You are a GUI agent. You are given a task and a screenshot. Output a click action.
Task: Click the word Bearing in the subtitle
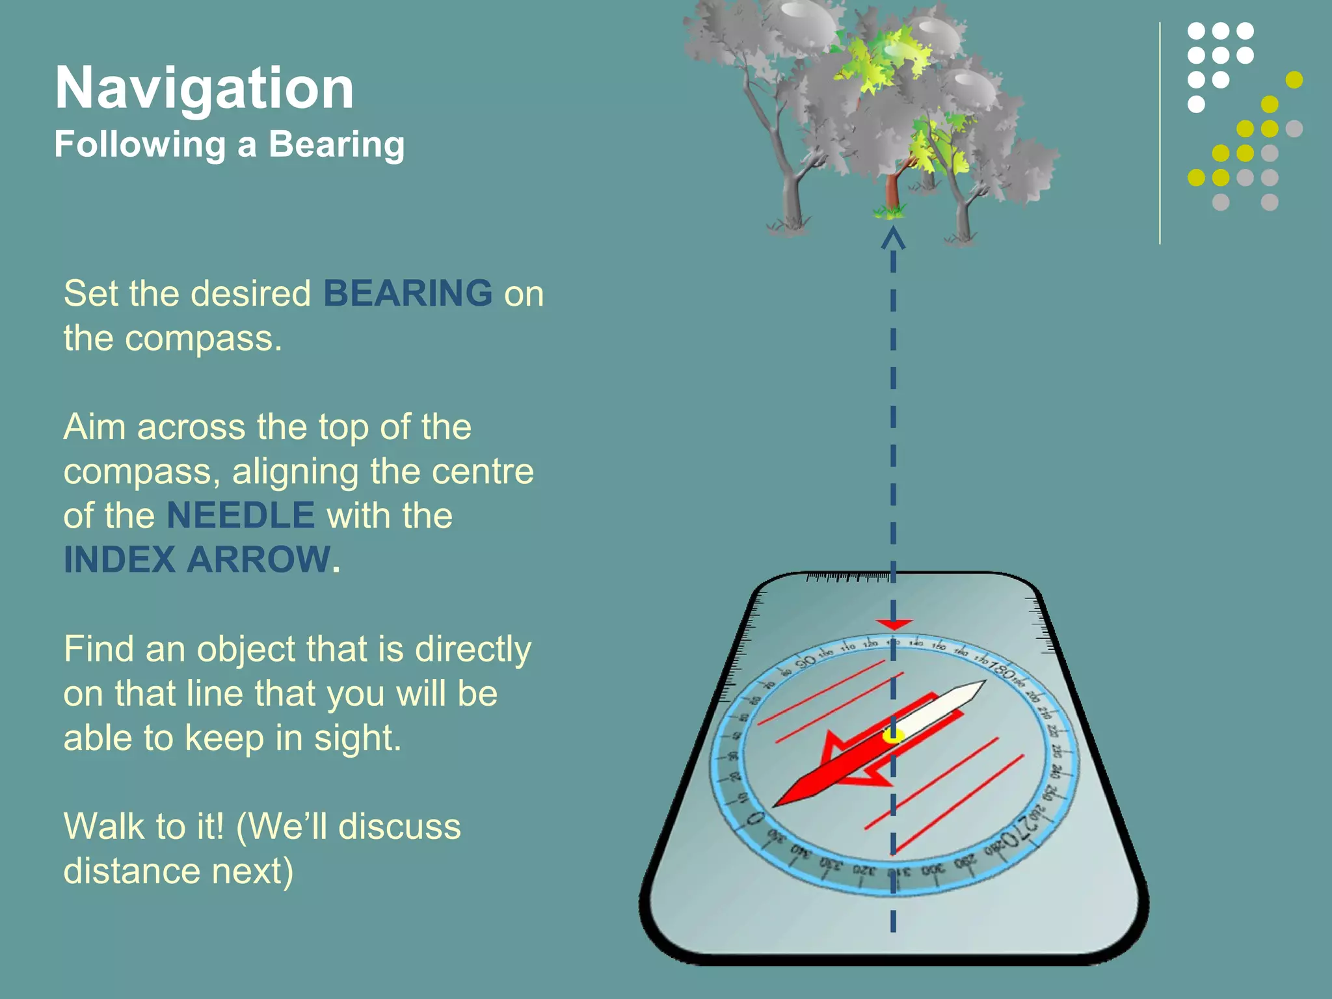(336, 144)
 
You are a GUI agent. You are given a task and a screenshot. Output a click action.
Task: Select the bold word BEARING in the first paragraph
(408, 293)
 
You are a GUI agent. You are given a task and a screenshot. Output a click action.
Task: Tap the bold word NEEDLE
(241, 516)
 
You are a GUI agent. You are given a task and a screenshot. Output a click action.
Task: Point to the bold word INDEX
(120, 560)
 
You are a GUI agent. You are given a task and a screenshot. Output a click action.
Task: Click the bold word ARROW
(259, 560)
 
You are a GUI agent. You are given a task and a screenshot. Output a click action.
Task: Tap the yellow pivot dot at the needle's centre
(893, 736)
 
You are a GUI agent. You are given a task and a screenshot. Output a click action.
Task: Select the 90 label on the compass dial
(806, 661)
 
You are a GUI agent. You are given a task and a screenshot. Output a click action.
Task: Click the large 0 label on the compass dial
(754, 818)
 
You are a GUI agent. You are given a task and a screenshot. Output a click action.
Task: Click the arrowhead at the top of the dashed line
(893, 237)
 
